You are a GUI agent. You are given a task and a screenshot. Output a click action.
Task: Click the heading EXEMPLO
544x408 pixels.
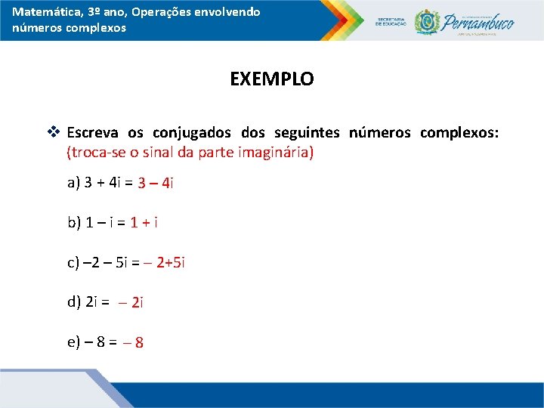pyautogui.click(x=272, y=79)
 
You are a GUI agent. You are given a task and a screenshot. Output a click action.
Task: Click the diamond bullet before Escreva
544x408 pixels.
pyautogui.click(x=53, y=132)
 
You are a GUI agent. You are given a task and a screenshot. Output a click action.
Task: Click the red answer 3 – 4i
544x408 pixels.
pyautogui.click(x=156, y=183)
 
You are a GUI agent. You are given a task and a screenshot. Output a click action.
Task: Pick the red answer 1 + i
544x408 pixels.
pyautogui.click(x=144, y=222)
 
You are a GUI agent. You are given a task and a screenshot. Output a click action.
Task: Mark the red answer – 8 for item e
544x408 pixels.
pyautogui.click(x=133, y=343)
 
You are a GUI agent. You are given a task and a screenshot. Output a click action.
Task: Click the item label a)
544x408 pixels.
pyautogui.click(x=74, y=182)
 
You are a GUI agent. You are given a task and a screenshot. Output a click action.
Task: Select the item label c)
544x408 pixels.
pyautogui.click(x=73, y=263)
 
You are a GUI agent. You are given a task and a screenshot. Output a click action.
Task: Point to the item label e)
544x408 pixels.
pyautogui.click(x=74, y=342)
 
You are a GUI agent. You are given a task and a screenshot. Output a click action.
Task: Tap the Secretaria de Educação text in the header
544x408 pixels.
pyautogui.click(x=391, y=22)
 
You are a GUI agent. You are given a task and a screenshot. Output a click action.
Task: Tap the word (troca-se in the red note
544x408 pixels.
pyautogui.click(x=95, y=152)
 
